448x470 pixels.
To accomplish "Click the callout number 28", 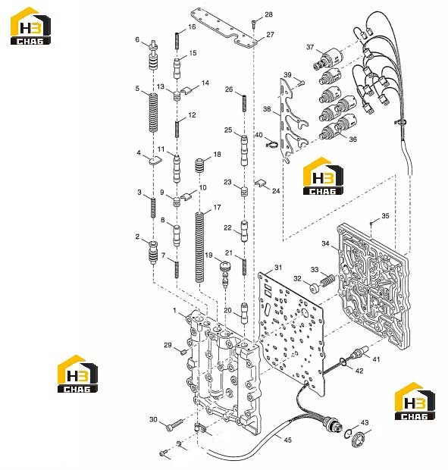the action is (268, 14).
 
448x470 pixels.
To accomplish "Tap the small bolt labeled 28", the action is (255, 24).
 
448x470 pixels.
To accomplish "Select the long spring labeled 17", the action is (199, 247).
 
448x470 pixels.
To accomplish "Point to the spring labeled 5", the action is (153, 113).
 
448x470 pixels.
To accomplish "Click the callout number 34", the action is (325, 243).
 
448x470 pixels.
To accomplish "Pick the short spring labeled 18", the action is (199, 165).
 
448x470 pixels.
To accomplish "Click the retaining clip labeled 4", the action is (155, 161).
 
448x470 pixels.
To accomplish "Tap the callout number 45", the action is (287, 440).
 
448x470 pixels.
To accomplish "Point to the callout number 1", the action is (174, 311).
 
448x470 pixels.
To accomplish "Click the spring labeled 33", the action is (327, 280).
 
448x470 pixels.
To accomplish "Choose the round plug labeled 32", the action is (314, 288).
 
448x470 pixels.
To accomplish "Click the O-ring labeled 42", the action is (343, 362).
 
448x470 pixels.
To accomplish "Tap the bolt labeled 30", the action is (176, 425).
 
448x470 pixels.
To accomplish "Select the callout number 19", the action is (208, 255).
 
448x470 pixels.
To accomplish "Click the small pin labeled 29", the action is (183, 351).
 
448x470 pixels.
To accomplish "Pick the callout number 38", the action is (267, 109).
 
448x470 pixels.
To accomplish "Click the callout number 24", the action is (276, 190).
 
